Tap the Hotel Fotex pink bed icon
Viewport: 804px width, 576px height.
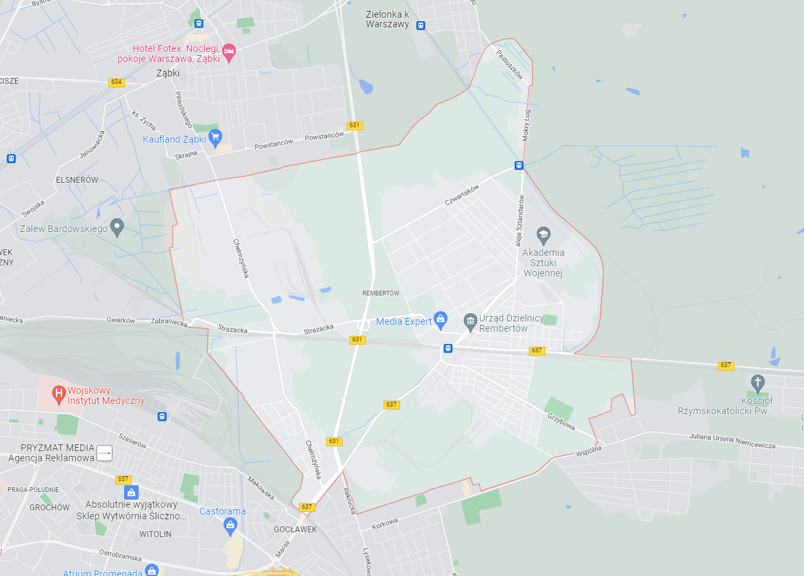click(x=229, y=51)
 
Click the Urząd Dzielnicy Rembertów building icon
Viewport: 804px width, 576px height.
click(x=470, y=320)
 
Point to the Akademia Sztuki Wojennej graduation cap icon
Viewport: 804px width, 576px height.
click(x=543, y=235)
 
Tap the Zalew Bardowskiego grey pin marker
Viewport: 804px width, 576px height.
click(x=117, y=227)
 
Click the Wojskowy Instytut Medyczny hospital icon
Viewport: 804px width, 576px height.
click(x=59, y=393)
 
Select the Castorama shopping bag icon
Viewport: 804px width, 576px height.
click(x=230, y=525)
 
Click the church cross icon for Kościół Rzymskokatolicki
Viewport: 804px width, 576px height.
click(x=757, y=382)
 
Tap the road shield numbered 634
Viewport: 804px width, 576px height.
click(x=116, y=82)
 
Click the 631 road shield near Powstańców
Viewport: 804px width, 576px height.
click(x=354, y=126)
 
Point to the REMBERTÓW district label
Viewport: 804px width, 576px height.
click(x=380, y=293)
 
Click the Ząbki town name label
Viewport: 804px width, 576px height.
click(x=167, y=72)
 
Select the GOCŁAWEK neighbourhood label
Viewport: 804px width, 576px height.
click(x=295, y=529)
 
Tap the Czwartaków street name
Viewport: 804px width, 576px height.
click(x=462, y=196)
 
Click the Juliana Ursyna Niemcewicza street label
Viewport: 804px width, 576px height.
click(x=732, y=441)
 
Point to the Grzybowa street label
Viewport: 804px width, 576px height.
click(x=561, y=422)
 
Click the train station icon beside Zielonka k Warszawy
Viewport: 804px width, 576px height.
click(x=420, y=26)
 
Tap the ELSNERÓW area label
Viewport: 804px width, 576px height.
click(x=77, y=179)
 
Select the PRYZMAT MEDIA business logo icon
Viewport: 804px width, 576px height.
click(x=104, y=453)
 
